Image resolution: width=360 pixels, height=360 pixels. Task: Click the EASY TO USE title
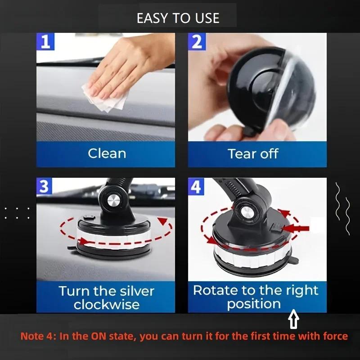click(x=178, y=18)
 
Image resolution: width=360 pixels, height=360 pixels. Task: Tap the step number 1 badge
click(x=45, y=42)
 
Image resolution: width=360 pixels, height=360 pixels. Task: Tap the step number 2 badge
click(x=197, y=42)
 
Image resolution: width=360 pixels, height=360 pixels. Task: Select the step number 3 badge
click(x=44, y=186)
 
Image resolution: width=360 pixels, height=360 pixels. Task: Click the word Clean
click(x=107, y=153)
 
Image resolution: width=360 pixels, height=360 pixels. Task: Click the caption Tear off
click(x=253, y=153)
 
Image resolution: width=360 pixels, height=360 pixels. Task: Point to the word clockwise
click(x=106, y=305)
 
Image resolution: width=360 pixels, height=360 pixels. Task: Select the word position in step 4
click(x=254, y=304)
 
